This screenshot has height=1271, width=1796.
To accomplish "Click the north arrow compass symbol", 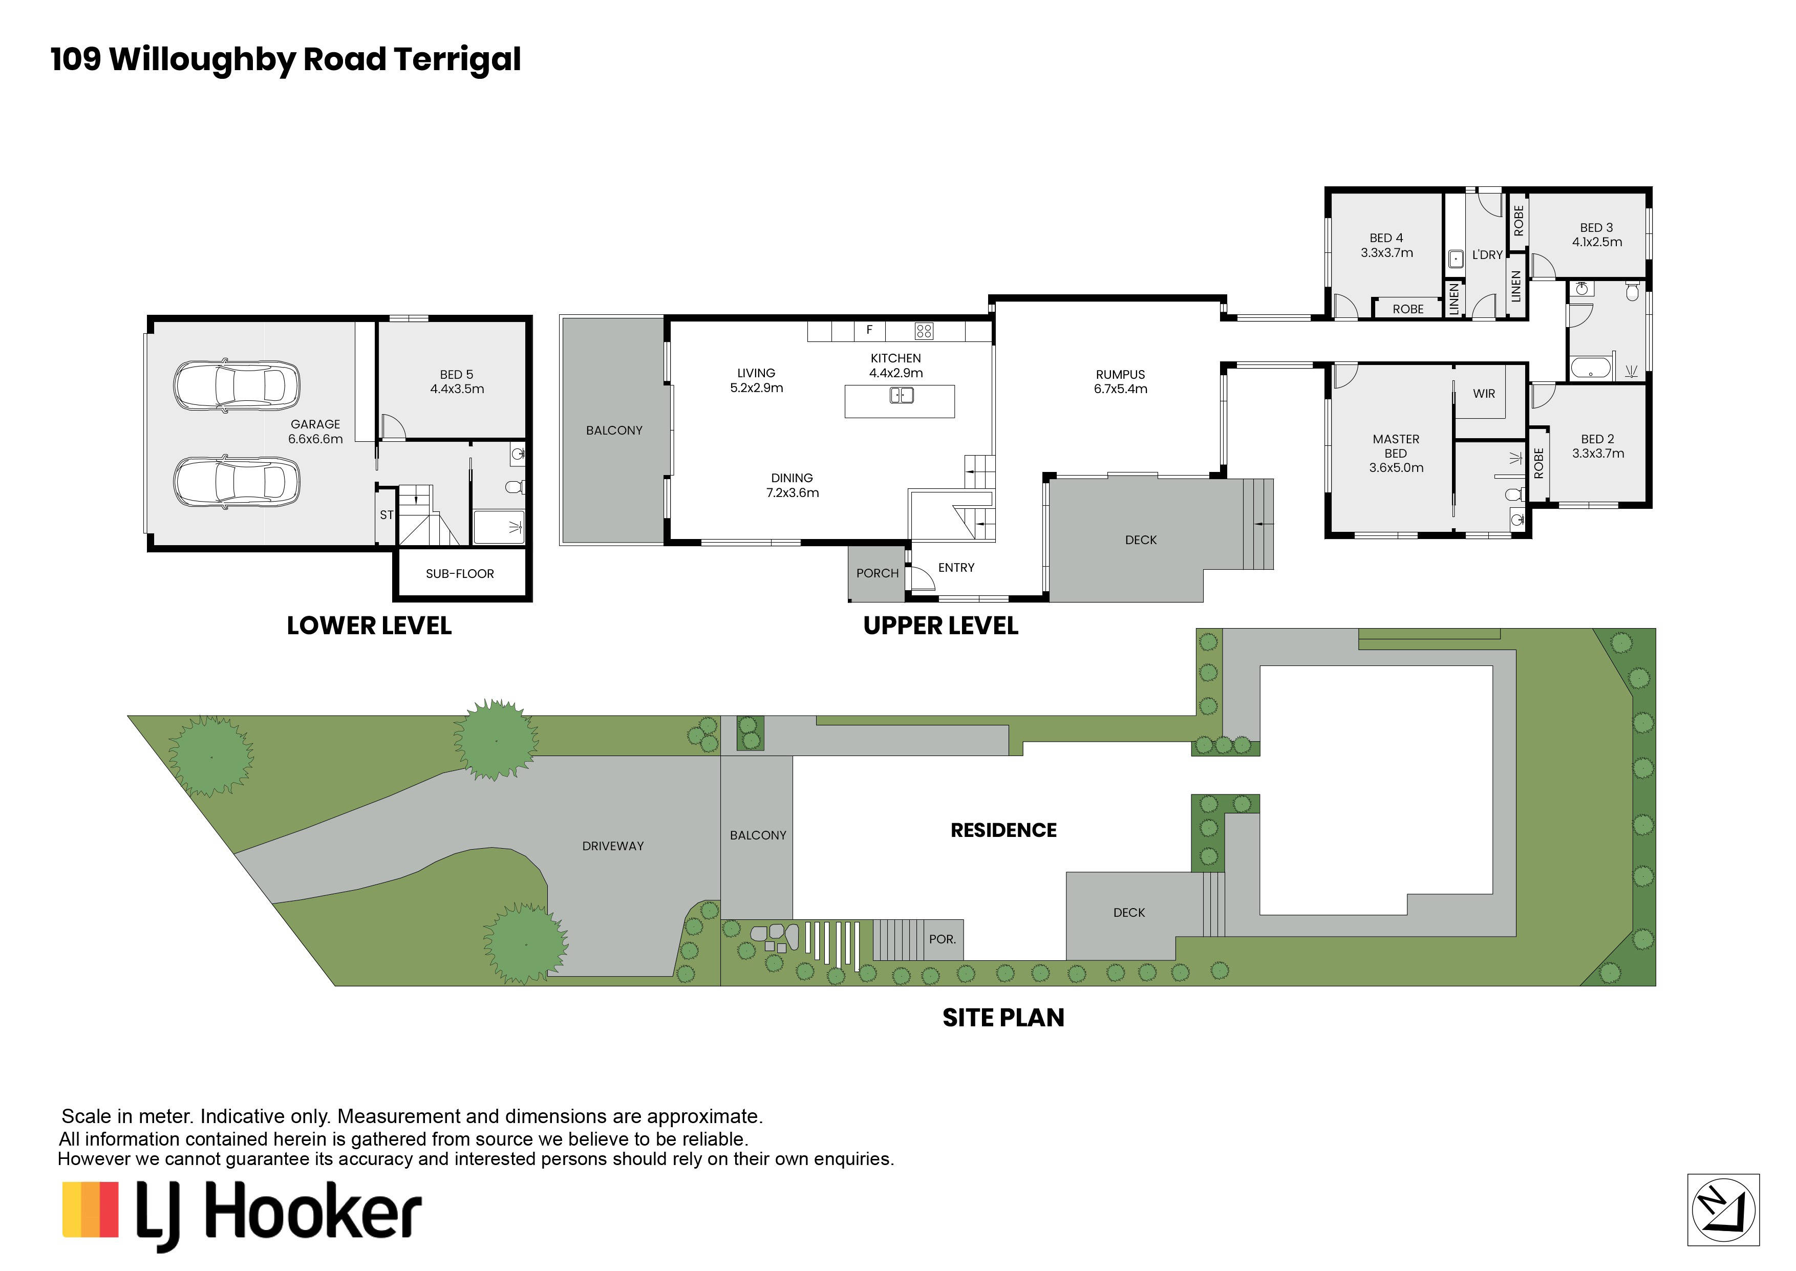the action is [1723, 1210].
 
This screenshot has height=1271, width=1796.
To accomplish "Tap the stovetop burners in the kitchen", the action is [924, 331].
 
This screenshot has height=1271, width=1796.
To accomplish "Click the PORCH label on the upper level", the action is [877, 573].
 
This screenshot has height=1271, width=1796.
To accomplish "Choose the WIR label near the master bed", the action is [1484, 394].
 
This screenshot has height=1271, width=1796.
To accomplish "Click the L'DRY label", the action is [1487, 255].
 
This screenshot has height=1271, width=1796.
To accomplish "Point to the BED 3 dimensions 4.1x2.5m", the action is [1597, 242].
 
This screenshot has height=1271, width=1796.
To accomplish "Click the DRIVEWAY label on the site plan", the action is [613, 846].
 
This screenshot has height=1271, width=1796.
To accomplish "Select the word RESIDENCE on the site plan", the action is [1003, 830].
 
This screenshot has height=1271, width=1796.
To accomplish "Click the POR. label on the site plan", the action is [942, 939].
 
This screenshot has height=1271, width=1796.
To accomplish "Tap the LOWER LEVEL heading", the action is [369, 626].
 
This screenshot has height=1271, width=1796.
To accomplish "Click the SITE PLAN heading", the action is [1003, 1018].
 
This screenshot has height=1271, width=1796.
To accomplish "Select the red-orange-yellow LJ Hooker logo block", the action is [90, 1210].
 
